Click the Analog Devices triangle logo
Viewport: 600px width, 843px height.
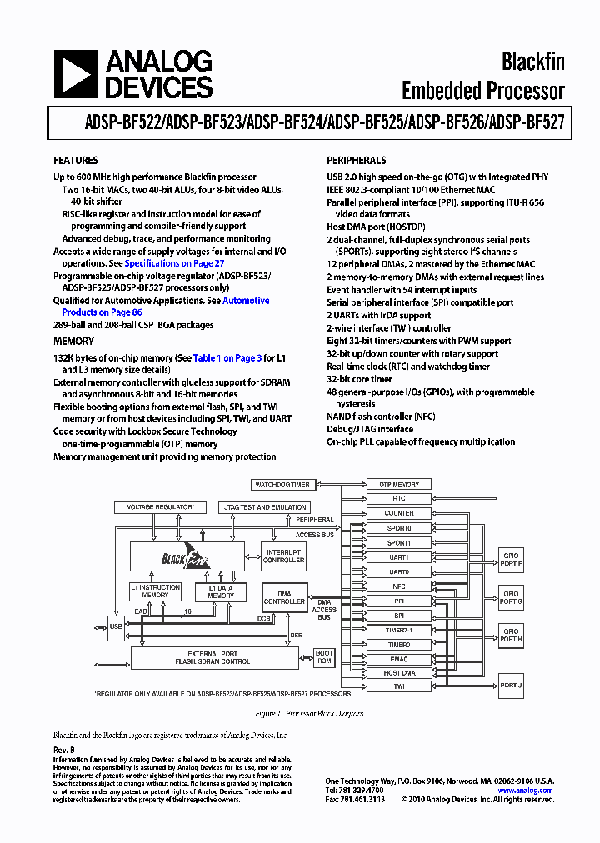pos(76,75)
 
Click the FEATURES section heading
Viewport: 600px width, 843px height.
pos(76,160)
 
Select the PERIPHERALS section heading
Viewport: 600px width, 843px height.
pos(356,160)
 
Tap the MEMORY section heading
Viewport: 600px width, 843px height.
pos(74,342)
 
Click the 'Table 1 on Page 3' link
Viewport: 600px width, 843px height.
pos(227,357)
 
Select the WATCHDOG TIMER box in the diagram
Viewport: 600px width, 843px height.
pos(282,485)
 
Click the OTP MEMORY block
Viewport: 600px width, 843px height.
pos(399,485)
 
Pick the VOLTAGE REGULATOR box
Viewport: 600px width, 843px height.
pos(161,506)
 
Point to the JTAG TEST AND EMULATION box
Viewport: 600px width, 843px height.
pos(265,506)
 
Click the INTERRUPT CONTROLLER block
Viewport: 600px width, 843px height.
pos(284,556)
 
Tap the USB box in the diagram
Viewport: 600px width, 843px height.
pos(116,626)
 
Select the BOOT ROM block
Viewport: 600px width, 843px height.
pos(324,656)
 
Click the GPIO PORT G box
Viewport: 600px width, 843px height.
pos(510,598)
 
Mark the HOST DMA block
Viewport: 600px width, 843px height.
pos(399,672)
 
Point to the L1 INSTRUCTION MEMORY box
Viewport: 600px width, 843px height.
pos(155,591)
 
